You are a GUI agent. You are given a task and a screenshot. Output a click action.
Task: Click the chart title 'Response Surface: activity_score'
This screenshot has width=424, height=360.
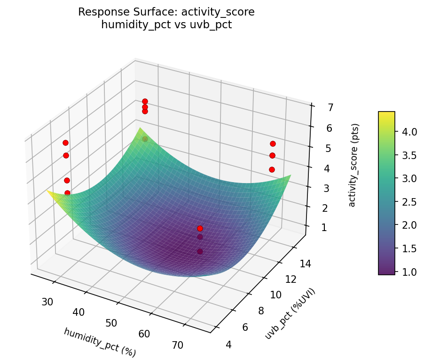click(166, 12)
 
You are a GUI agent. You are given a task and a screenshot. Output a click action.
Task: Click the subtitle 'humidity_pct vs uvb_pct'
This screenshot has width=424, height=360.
click(166, 25)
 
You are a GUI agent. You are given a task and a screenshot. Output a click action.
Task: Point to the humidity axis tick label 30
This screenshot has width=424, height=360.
click(47, 301)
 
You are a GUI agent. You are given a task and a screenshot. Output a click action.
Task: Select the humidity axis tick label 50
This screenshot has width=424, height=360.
click(111, 323)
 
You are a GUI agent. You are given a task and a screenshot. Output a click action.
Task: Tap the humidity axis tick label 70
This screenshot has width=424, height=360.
click(177, 345)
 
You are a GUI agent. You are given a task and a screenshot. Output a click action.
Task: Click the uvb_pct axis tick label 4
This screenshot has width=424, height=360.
click(229, 345)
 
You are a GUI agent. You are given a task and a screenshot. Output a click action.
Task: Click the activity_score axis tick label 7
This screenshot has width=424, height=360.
click(330, 108)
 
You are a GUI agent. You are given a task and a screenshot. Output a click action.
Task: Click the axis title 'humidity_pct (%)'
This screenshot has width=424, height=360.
click(100, 343)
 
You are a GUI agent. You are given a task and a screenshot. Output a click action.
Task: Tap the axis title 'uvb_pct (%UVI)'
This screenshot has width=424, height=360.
click(290, 313)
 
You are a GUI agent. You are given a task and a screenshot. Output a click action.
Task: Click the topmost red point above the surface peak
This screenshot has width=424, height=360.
click(145, 101)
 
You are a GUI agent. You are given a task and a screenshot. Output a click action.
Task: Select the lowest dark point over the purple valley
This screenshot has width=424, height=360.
click(200, 251)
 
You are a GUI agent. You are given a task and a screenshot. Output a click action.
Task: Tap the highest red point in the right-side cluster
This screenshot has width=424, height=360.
click(273, 144)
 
